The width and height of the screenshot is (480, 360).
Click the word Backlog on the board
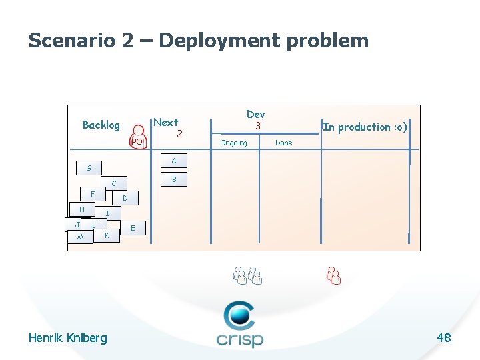[x=101, y=125]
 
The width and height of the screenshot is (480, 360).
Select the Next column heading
[x=165, y=122]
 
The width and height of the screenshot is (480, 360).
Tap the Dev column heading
[x=255, y=114]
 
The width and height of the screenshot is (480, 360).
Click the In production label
[x=364, y=127]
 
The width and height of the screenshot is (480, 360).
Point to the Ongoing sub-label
[x=233, y=143]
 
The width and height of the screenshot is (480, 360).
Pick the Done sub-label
[x=283, y=143]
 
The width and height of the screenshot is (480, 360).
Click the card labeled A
[x=174, y=161]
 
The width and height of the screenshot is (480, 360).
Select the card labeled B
[x=174, y=179]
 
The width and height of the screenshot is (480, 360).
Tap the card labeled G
[x=89, y=168]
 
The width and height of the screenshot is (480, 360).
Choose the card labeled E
[x=133, y=228]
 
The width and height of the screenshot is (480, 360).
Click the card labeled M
[x=80, y=237]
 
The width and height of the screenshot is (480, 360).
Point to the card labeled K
[x=107, y=235]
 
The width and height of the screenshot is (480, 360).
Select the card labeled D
[x=125, y=198]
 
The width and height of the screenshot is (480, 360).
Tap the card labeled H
[x=81, y=209]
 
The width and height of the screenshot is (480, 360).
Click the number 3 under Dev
[x=256, y=125]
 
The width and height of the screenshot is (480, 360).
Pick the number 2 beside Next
[x=179, y=133]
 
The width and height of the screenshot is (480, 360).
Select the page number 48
[x=444, y=338]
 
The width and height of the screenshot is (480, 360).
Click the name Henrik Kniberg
[x=67, y=338]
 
